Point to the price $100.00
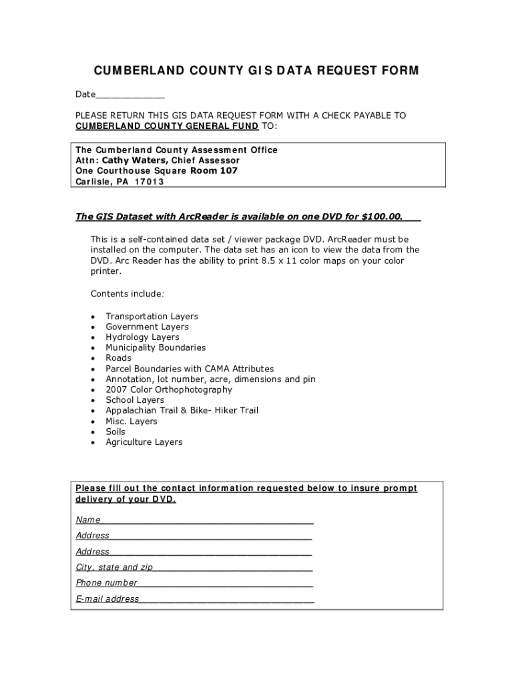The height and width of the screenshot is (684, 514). pos(382,216)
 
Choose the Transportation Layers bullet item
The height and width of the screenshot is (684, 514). pos(152,317)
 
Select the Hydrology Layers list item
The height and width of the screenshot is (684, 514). pos(142,337)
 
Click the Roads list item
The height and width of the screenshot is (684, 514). pos(119,358)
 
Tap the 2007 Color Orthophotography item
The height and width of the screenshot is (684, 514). pos(169,389)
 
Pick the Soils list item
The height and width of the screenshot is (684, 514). pos(115,432)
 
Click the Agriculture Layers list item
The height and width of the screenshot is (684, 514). pos(144,442)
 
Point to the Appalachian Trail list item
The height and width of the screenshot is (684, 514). pos(182,410)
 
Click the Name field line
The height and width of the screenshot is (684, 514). pos(207,520)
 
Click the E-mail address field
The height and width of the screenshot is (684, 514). pos(226,598)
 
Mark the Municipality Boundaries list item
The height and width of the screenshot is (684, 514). pos(156,348)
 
